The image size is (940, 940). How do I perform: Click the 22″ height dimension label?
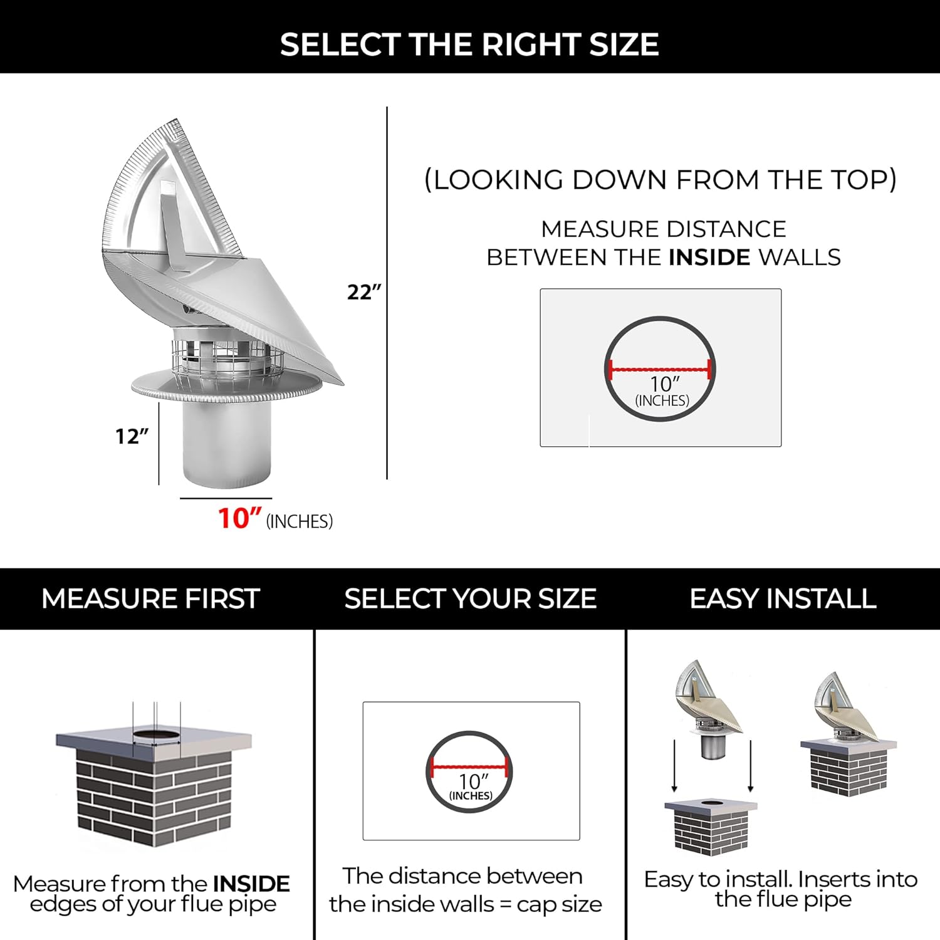[363, 292]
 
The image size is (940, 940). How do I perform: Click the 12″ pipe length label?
[132, 436]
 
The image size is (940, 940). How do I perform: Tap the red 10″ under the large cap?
[239, 519]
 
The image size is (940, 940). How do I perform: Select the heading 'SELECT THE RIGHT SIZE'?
[469, 44]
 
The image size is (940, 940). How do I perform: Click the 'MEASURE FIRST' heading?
[150, 598]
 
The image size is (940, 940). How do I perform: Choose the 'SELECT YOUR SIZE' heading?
[470, 598]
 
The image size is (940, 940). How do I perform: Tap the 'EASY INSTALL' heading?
[783, 598]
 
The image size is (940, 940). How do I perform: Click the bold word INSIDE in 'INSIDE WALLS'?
[709, 258]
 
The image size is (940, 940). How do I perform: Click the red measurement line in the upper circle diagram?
[660, 369]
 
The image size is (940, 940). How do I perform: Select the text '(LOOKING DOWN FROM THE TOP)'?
[661, 180]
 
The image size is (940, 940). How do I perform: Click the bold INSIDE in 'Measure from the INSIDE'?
[251, 884]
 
